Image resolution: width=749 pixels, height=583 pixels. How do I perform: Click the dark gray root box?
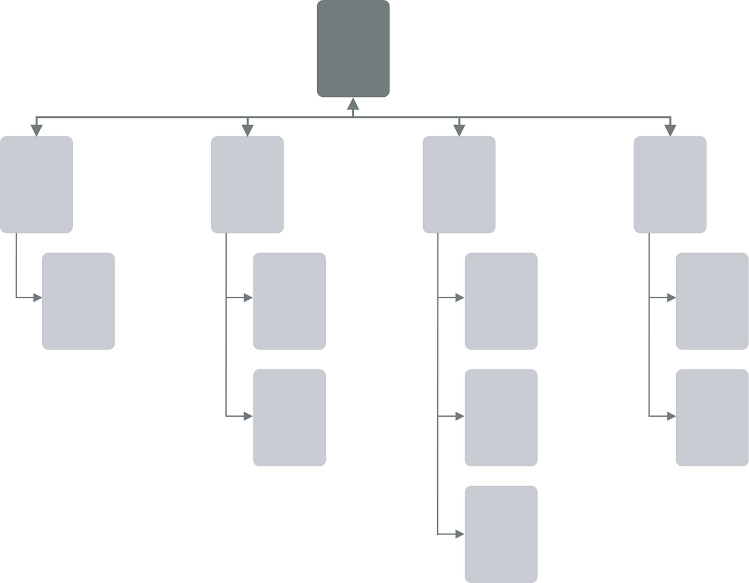tap(353, 49)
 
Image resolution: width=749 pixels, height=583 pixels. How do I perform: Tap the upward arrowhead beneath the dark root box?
tap(353, 104)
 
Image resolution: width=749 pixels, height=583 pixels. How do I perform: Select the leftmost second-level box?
tap(36, 185)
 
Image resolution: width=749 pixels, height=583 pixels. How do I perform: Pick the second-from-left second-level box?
tap(247, 185)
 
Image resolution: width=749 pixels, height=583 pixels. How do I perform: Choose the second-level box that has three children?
tap(459, 185)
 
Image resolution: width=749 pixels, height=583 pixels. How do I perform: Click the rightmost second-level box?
tap(670, 185)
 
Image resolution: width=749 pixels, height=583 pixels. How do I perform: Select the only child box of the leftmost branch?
tap(79, 301)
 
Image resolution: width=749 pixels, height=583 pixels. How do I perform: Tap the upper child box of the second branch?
tap(289, 301)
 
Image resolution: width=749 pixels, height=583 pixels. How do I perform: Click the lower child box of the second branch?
tap(289, 418)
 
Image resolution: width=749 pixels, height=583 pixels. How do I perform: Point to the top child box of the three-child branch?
tap(501, 301)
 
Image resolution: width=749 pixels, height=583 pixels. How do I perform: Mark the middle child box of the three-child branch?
tap(501, 418)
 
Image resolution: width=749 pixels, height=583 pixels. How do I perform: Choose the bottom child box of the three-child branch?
tap(501, 534)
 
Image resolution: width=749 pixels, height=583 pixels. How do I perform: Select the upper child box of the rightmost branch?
tap(712, 301)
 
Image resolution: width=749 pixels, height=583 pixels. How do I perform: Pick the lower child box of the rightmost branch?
tap(712, 418)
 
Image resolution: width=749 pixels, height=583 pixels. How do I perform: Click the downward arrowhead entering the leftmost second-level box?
tap(36, 131)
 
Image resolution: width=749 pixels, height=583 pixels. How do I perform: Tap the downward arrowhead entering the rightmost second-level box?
tap(670, 131)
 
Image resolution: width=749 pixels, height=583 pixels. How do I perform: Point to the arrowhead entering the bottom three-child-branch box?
tap(460, 534)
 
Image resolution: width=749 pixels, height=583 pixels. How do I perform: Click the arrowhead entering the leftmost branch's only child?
tap(37, 298)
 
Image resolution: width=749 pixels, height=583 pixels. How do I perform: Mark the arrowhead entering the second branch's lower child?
tap(248, 416)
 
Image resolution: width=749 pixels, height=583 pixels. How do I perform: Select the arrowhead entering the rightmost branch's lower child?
tap(671, 416)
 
